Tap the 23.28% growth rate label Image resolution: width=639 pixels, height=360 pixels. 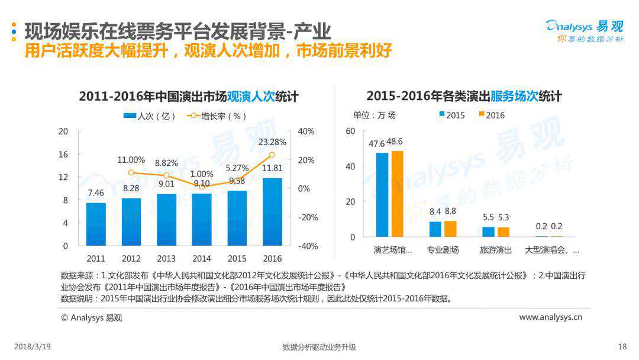click(272, 142)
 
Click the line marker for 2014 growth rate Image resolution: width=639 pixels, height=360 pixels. click(202, 187)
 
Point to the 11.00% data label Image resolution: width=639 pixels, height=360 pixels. click(131, 160)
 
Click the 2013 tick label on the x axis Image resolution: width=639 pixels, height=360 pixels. click(166, 259)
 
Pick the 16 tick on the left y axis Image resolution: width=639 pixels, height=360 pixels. click(63, 154)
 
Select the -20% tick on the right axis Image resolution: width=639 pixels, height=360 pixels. click(307, 217)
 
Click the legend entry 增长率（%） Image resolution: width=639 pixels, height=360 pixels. click(217, 116)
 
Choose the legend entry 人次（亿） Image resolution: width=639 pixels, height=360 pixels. click(150, 116)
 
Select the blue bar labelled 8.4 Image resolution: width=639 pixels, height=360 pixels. click(435, 229)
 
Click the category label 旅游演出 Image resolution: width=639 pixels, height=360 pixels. click(496, 250)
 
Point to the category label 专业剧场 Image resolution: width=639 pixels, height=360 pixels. click(443, 250)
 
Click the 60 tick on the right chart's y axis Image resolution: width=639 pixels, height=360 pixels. click(350, 131)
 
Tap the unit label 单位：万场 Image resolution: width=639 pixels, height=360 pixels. click(375, 115)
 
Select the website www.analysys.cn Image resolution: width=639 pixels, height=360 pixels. click(550, 317)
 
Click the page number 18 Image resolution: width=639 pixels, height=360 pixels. click(622, 346)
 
